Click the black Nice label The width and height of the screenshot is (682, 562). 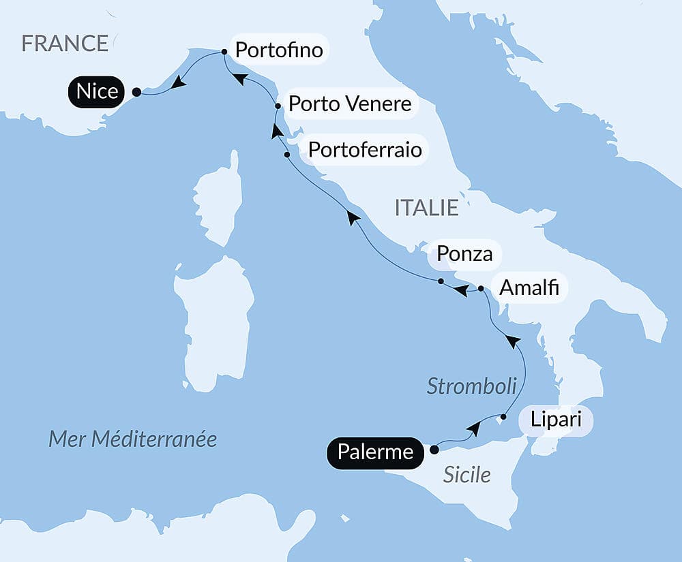tap(98, 91)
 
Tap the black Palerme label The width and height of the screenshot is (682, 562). tap(375, 452)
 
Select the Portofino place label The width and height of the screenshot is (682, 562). tap(278, 50)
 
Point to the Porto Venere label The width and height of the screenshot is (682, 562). tap(350, 104)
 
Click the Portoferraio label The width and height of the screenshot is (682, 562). tap(365, 149)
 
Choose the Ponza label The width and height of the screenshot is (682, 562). tap(464, 254)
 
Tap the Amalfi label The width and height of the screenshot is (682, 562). tap(529, 288)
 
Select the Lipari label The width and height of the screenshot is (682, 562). tap(556, 420)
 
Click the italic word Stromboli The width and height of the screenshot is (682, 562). tap(471, 386)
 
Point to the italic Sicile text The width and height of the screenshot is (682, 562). tap(466, 475)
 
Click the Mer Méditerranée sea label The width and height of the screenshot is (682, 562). tap(132, 439)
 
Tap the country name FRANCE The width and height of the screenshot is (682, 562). tap(65, 44)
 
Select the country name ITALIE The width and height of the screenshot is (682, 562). tap(426, 208)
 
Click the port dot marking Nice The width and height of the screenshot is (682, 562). tap(136, 92)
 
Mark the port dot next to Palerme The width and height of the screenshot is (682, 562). tap(434, 450)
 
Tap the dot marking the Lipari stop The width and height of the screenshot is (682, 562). tap(503, 416)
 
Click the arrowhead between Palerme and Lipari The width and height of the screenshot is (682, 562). tap(473, 429)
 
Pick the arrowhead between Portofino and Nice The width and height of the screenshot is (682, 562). tap(178, 82)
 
